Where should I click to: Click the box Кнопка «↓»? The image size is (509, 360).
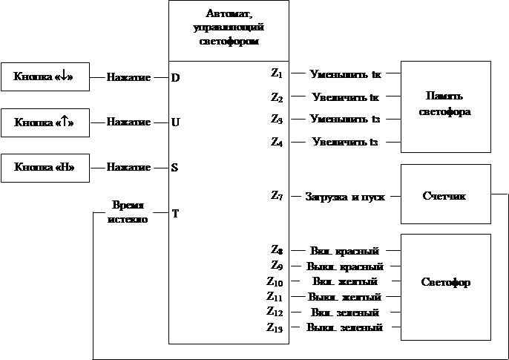pyautogui.click(x=45, y=76)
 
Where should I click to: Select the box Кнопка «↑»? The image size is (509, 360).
pyautogui.click(x=45, y=122)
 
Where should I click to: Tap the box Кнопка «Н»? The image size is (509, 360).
pyautogui.click(x=45, y=167)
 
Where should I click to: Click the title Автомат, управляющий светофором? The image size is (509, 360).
pyautogui.click(x=229, y=27)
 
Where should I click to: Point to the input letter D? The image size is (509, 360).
pyautogui.click(x=175, y=77)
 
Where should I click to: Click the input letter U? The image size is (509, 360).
pyautogui.click(x=175, y=122)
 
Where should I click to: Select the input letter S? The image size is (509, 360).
pyautogui.click(x=175, y=168)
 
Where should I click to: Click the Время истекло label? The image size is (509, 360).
pyautogui.click(x=128, y=212)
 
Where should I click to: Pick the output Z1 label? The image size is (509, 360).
pyautogui.click(x=275, y=73)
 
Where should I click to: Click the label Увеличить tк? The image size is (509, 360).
pyautogui.click(x=347, y=97)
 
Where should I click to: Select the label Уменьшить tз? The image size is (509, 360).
pyautogui.click(x=347, y=119)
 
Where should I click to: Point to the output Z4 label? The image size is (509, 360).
pyautogui.click(x=276, y=141)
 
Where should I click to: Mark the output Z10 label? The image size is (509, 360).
pyautogui.click(x=275, y=281)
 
